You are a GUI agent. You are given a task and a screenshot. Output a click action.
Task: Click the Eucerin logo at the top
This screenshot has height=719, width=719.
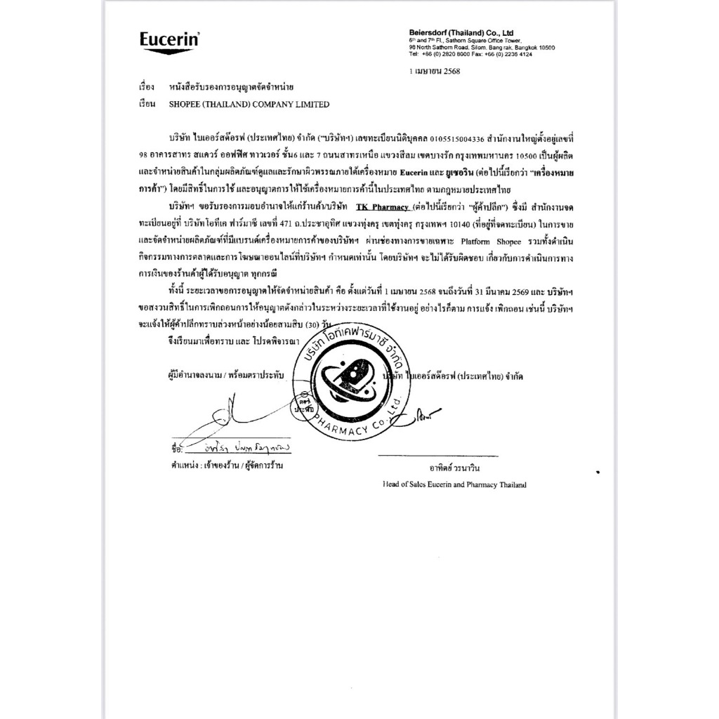(169, 40)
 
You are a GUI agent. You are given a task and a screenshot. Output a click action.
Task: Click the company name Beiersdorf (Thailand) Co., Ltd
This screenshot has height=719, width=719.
(461, 33)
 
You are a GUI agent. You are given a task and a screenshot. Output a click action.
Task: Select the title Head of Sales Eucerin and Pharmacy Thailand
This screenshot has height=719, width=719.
(454, 484)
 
